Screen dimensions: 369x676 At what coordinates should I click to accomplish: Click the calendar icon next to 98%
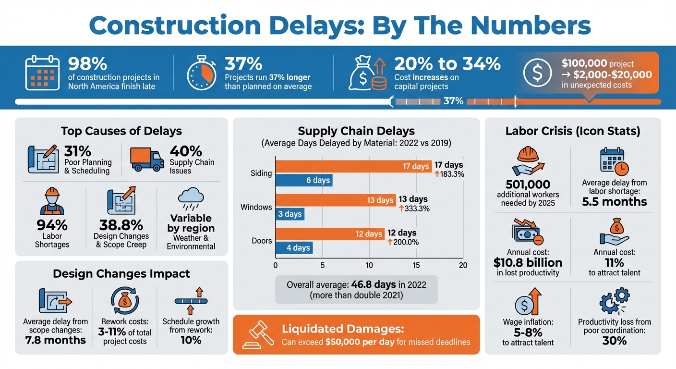(42, 73)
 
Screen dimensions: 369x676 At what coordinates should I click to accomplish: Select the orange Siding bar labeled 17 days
(353, 167)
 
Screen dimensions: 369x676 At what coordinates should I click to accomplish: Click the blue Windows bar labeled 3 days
(290, 214)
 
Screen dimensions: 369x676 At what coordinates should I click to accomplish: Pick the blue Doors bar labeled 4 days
(294, 248)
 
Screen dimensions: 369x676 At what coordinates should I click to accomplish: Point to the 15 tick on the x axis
(416, 265)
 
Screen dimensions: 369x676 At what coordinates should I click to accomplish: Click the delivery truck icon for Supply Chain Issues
(147, 159)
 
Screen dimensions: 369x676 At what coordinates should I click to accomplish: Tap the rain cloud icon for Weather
(191, 198)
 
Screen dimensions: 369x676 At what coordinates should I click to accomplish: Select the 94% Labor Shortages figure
(52, 225)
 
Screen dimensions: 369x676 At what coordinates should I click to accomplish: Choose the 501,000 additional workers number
(527, 184)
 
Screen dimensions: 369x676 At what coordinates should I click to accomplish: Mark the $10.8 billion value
(528, 262)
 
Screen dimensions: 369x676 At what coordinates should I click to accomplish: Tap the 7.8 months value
(55, 340)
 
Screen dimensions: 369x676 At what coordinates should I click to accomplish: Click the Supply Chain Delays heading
(356, 131)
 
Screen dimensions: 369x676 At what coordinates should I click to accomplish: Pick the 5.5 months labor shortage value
(614, 202)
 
